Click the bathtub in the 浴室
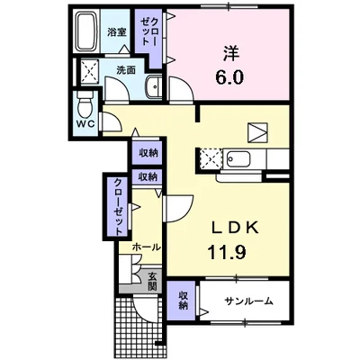click(x=86, y=31)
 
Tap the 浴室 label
click(x=117, y=32)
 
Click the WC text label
click(x=85, y=124)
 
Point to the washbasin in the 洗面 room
click(x=154, y=86)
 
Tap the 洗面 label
click(x=126, y=70)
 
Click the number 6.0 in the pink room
click(x=229, y=77)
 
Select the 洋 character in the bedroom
click(x=230, y=54)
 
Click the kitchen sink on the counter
click(x=238, y=159)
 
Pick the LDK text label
click(x=235, y=229)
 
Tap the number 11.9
click(x=227, y=252)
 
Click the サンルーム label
click(x=249, y=301)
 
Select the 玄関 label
click(x=152, y=281)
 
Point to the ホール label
click(x=147, y=247)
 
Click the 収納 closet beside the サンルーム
click(x=183, y=301)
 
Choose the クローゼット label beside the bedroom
click(x=149, y=31)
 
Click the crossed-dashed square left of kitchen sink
click(x=210, y=159)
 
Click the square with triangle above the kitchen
click(x=257, y=132)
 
